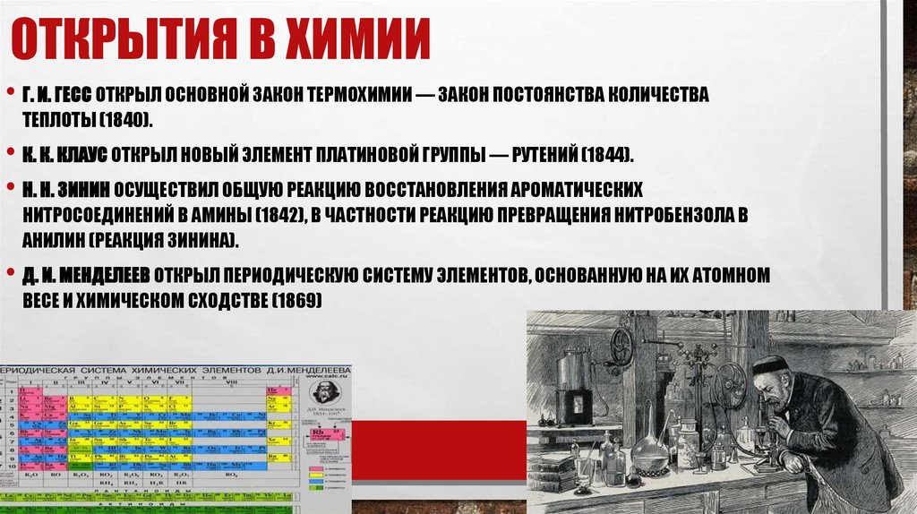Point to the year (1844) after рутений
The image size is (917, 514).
coord(606,154)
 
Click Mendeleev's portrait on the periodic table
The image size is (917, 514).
coord(321,394)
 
